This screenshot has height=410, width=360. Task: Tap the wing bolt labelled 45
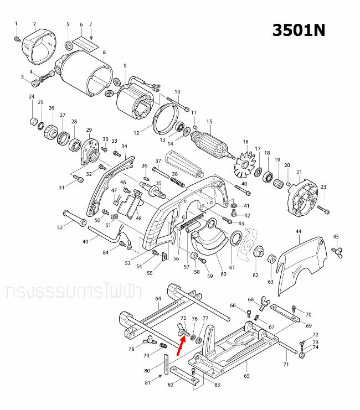click(336, 252)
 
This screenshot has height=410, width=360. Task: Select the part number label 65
click(246, 376)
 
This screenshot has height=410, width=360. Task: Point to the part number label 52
click(60, 227)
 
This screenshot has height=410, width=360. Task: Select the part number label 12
click(136, 133)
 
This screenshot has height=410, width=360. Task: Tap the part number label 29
click(89, 130)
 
